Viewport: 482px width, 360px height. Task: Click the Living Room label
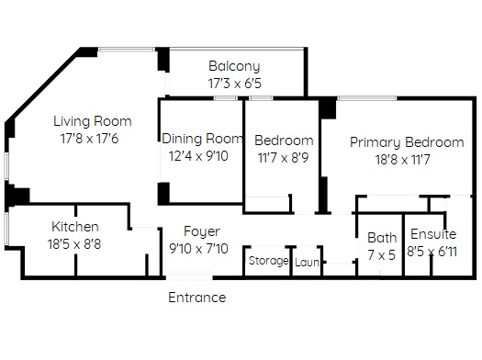[93, 121]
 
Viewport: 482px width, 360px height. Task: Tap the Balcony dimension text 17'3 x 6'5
[234, 84]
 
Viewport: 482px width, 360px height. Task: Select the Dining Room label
[202, 139]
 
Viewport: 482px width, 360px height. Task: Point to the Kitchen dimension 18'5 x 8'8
[74, 244]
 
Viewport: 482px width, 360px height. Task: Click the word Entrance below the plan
[197, 298]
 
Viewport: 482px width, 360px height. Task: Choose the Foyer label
[202, 231]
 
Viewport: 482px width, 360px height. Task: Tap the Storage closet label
[268, 261]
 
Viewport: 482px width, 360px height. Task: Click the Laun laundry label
[307, 263]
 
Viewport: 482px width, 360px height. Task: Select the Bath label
[382, 238]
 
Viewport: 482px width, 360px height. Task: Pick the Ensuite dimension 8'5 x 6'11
[432, 252]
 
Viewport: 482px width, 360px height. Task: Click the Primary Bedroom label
[407, 142]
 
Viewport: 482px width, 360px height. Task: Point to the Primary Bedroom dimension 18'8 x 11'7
[402, 160]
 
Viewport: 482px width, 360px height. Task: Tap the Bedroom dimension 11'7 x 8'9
[283, 158]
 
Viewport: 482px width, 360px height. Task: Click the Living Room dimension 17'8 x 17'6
[89, 139]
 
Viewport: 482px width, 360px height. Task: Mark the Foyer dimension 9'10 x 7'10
[199, 248]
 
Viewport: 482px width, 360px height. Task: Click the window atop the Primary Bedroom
[366, 98]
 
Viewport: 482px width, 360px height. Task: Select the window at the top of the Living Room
[127, 50]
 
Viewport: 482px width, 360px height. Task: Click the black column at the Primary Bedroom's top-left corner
[328, 107]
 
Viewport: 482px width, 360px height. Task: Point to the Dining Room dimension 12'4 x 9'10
[199, 156]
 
